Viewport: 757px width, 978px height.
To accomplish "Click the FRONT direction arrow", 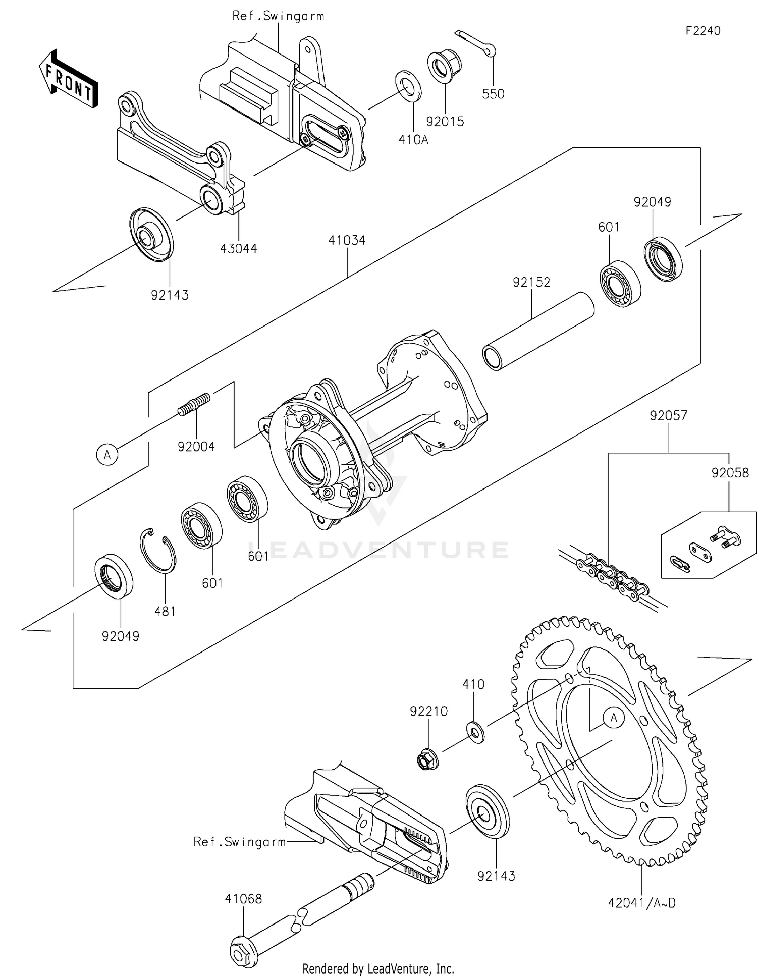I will coord(69,79).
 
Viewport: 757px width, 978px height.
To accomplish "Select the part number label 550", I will coord(493,94).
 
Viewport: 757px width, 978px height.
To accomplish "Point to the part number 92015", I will coord(445,122).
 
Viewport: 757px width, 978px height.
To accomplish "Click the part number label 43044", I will coord(238,248).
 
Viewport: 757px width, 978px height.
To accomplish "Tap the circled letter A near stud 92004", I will coord(107,454).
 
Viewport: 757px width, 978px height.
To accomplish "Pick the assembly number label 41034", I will coord(347,240).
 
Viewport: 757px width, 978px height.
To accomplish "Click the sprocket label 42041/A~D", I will coord(641,903).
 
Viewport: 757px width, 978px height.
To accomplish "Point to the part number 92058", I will coord(730,473).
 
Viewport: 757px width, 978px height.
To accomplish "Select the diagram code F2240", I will coord(702,31).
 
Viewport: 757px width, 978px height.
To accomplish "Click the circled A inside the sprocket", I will coord(614,718).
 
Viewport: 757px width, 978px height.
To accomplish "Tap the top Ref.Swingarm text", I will coord(278,16).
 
